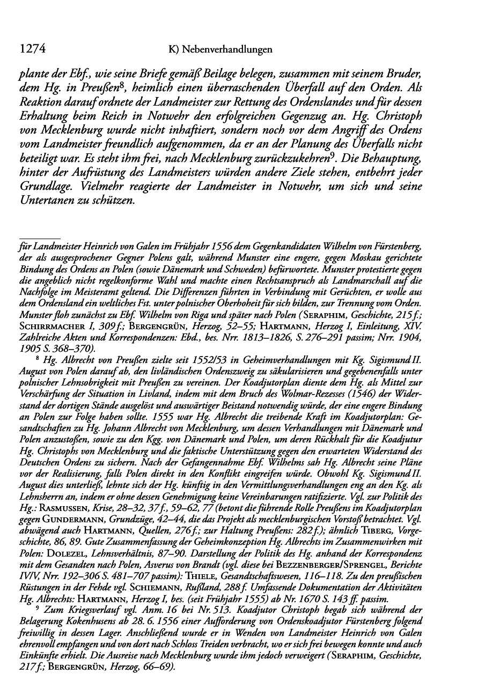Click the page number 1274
tap(30, 49)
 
